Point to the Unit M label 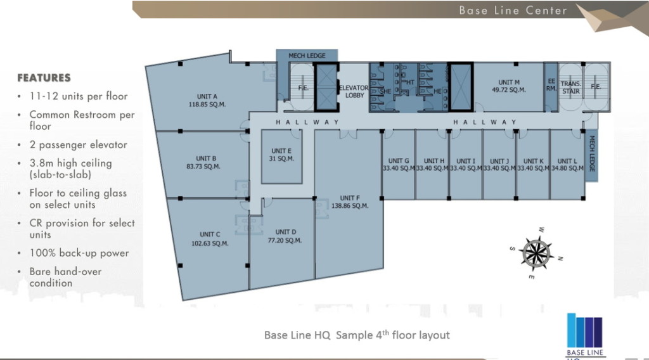pyautogui.click(x=509, y=82)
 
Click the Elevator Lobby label pyautogui.click(x=354, y=91)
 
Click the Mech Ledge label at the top pyautogui.click(x=307, y=56)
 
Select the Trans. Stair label pyautogui.click(x=571, y=87)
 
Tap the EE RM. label pyautogui.click(x=551, y=85)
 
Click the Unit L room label pyautogui.click(x=567, y=161)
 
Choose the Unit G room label pyautogui.click(x=399, y=161)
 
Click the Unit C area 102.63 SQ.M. pyautogui.click(x=210, y=243)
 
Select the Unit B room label pyautogui.click(x=207, y=158)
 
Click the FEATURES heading pyautogui.click(x=44, y=78)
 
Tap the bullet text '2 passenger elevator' pyautogui.click(x=78, y=145)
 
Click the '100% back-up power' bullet pyautogui.click(x=79, y=253)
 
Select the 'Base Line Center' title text pyautogui.click(x=513, y=10)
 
